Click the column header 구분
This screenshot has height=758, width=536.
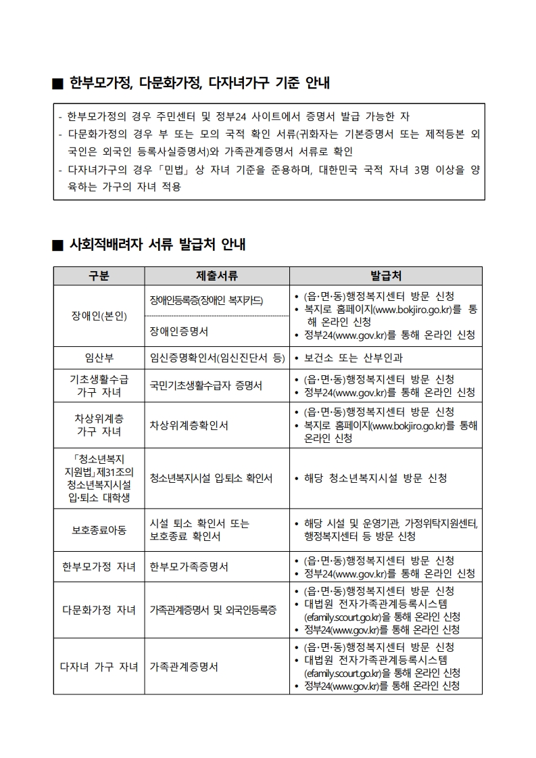(99, 276)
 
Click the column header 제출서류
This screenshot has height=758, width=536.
(216, 276)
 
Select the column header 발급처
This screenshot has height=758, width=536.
(385, 276)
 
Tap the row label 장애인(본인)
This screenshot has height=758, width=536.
(99, 316)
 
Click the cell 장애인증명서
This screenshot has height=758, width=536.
(178, 331)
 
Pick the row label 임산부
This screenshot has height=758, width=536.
(99, 358)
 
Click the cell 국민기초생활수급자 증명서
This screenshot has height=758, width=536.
(205, 385)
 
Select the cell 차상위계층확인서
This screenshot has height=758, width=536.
(189, 425)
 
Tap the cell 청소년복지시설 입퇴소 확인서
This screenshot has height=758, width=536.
(211, 478)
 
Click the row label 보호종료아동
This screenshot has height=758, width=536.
(99, 530)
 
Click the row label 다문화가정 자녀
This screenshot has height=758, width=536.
(99, 610)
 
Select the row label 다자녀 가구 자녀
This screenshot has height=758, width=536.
(99, 667)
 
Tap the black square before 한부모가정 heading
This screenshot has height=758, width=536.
(57, 85)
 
